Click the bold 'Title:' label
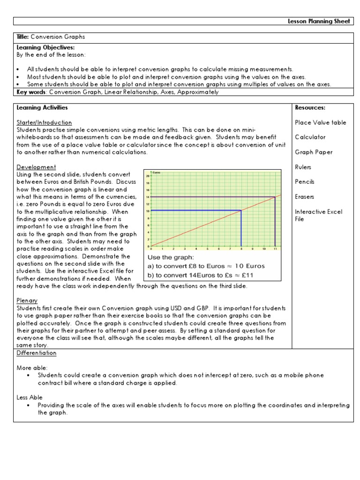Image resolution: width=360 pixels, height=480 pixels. pos(24,37)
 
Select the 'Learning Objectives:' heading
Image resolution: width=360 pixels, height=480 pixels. pos(45,48)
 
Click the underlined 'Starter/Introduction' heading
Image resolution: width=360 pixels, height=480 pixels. pos(45,122)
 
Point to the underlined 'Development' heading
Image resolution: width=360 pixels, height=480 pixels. pos(37,167)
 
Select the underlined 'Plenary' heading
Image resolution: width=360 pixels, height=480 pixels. pos(27,300)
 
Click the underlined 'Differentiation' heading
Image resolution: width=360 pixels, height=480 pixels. pos(37,353)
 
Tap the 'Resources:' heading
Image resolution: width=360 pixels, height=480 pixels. pos(310,108)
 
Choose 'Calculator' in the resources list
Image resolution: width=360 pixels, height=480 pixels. pos(310,137)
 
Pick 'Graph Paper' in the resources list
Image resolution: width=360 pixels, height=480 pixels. pos(314,152)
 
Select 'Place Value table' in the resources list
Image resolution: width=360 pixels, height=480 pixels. pos(321,122)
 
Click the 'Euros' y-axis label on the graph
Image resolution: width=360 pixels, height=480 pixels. pos(157,172)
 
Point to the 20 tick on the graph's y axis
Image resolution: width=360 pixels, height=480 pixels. pos(148,176)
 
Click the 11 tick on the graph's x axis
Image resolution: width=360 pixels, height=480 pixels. pos(275,249)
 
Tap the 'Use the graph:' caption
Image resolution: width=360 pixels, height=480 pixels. pos(171,257)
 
